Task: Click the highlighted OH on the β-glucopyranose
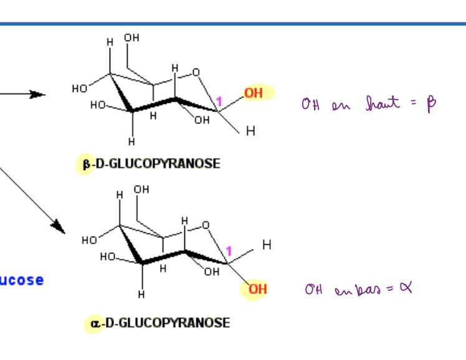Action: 254,93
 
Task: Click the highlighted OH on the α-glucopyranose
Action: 257,290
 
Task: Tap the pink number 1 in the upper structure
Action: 219,101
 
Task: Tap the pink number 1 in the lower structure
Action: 228,252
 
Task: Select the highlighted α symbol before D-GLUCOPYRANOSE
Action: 94,323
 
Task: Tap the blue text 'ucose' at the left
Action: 22,280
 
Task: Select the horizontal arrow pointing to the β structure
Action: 25,94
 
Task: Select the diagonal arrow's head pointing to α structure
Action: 59,227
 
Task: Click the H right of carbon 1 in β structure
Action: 250,131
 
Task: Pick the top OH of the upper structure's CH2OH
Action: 131,38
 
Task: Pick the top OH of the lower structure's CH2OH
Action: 141,189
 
